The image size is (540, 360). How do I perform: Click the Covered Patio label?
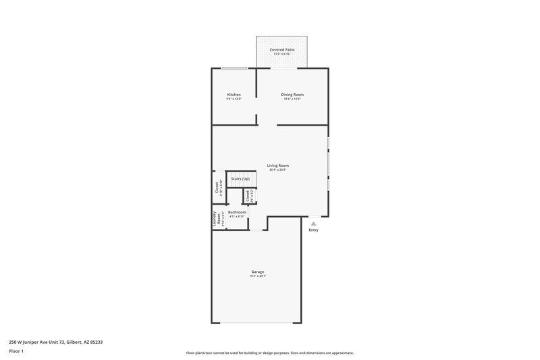pyautogui.click(x=281, y=49)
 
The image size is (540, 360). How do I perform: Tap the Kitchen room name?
pyautogui.click(x=234, y=94)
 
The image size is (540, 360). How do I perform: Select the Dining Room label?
pyautogui.click(x=292, y=94)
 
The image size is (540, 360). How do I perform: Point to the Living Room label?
pyautogui.click(x=277, y=165)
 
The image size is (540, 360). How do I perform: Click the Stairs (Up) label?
pyautogui.click(x=240, y=178)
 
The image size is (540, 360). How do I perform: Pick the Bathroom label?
pyautogui.click(x=237, y=212)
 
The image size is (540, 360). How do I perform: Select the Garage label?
pyautogui.click(x=258, y=272)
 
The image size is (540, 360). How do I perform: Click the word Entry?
pyautogui.click(x=313, y=230)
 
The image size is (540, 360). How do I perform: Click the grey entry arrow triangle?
pyautogui.click(x=313, y=223)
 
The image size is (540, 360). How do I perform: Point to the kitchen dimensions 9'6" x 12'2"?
pyautogui.click(x=234, y=99)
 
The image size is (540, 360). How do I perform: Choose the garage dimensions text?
pyautogui.click(x=258, y=276)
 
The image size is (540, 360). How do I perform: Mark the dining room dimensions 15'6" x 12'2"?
pyautogui.click(x=292, y=99)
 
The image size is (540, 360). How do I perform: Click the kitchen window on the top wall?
pyautogui.click(x=234, y=68)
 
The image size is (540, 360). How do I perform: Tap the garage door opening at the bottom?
pyautogui.click(x=257, y=323)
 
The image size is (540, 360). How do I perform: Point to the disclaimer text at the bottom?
pyautogui.click(x=269, y=353)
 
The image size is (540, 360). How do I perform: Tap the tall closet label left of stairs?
pyautogui.click(x=217, y=188)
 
